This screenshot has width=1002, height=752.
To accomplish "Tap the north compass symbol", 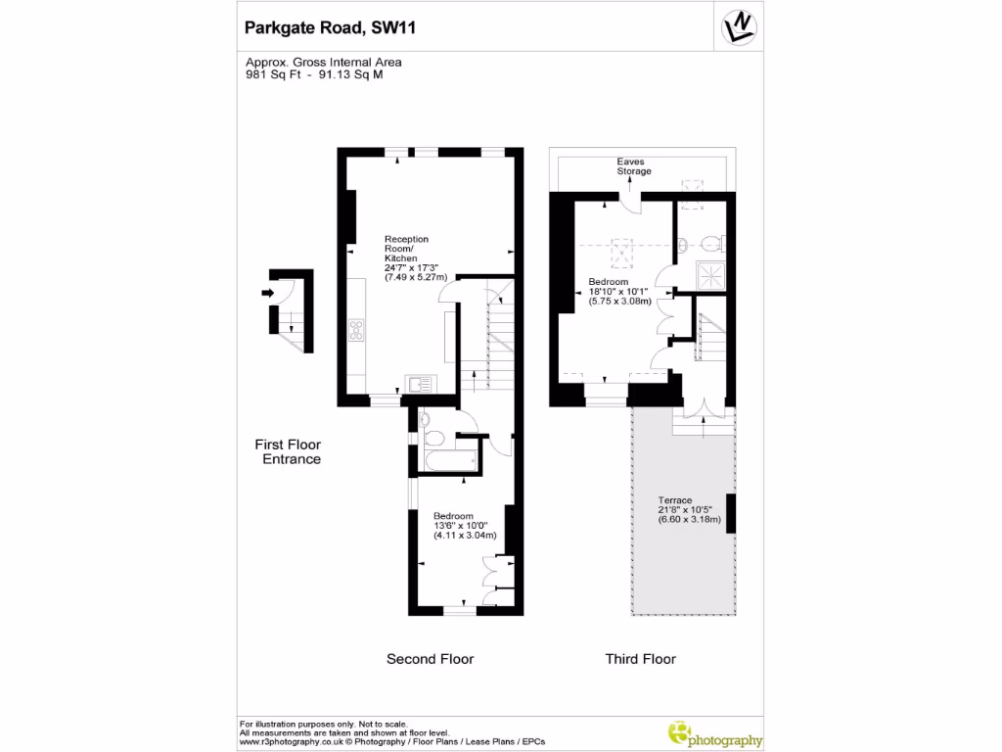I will [x=741, y=26].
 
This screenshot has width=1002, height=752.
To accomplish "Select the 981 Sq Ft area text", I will [x=273, y=74].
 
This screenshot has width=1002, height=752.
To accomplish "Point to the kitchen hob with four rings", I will [x=355, y=330].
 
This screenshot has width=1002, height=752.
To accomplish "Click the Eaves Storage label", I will [x=633, y=166].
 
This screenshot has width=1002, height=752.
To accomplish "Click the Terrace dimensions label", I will [x=690, y=512].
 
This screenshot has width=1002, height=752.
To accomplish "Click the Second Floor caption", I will [x=430, y=659].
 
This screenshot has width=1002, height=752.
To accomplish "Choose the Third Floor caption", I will [x=640, y=659].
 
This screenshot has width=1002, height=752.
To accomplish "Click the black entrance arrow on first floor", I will [x=267, y=292].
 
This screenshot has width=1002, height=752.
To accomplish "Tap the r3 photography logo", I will [x=713, y=734].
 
